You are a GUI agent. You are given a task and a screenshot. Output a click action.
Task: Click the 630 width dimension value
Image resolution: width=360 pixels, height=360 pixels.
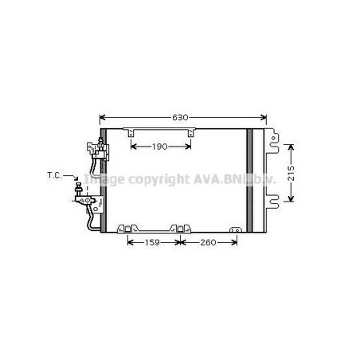(x=180, y=117)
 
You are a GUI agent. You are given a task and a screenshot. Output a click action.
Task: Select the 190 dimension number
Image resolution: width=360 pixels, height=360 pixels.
(x=160, y=147)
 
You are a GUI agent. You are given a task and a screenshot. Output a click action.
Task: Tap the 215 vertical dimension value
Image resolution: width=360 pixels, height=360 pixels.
(x=292, y=173)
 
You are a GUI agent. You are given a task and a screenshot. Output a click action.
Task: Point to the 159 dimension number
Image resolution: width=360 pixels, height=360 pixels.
(x=152, y=242)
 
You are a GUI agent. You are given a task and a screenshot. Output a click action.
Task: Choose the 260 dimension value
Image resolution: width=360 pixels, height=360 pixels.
(x=208, y=242)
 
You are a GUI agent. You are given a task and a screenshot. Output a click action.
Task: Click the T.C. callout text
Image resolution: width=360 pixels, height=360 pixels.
(x=54, y=175)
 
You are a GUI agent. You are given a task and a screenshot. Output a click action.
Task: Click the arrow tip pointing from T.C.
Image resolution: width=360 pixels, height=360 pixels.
(x=76, y=180)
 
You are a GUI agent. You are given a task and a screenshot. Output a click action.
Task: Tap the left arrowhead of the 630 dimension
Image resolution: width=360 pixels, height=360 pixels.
(x=102, y=117)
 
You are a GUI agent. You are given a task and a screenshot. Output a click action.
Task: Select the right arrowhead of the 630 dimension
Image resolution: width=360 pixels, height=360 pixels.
(x=264, y=117)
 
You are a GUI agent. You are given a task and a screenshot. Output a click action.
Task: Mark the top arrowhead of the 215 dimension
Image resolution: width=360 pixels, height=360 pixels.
(x=292, y=147)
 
